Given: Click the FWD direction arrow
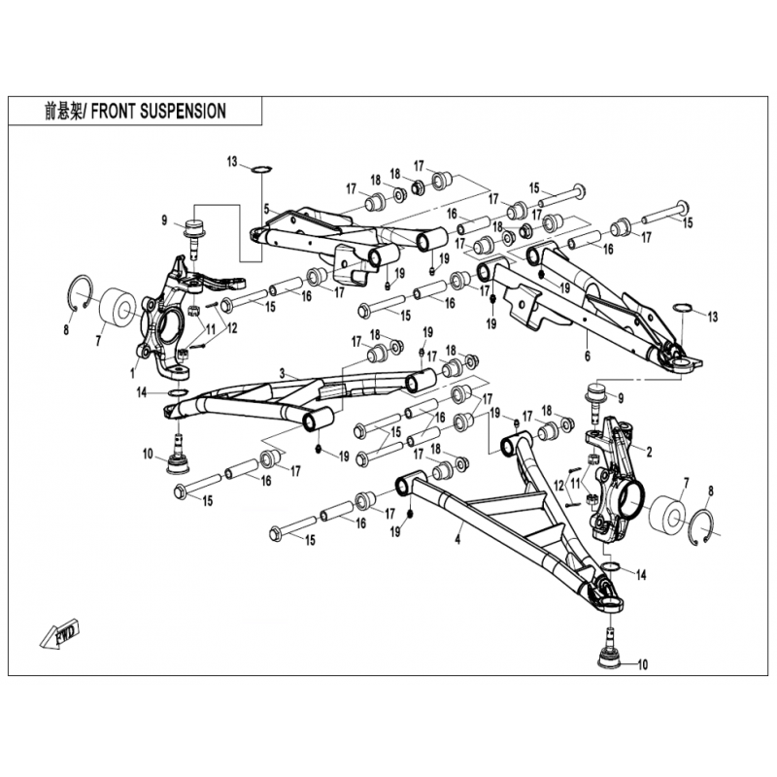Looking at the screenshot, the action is (x=59, y=634).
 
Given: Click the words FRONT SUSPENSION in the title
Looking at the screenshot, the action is (x=158, y=111).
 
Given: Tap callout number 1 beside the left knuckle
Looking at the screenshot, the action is (x=132, y=374).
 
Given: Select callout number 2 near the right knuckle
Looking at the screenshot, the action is (x=649, y=452).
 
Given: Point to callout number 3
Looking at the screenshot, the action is (x=283, y=374).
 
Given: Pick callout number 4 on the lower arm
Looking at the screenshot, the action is (x=457, y=539).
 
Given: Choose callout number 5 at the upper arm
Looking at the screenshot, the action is (x=266, y=209).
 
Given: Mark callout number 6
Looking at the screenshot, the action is (x=588, y=355).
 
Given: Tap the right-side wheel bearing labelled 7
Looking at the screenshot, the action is (x=667, y=518).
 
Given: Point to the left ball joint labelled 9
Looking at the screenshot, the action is (x=194, y=238).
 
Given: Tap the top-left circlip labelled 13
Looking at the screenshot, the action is (x=261, y=169).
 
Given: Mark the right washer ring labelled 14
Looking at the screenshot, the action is (x=611, y=566).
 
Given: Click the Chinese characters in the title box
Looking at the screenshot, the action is (x=61, y=112).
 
